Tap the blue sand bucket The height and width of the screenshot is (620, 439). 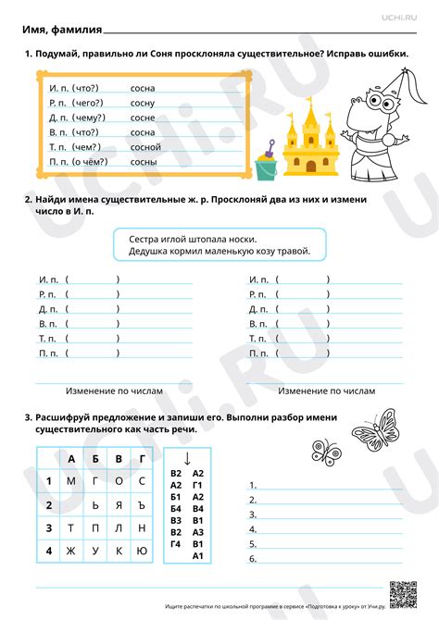[267, 167]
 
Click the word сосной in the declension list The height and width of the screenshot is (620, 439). [145, 147]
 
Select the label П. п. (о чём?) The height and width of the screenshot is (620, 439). [78, 162]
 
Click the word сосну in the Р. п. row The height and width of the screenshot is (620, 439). [143, 103]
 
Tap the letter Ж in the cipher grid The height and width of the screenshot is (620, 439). [71, 552]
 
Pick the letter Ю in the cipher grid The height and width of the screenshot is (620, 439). [142, 552]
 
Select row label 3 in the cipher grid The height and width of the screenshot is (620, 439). [48, 527]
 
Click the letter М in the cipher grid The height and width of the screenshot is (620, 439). [71, 480]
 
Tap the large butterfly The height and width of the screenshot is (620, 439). [376, 428]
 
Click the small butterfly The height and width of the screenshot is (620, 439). [328, 451]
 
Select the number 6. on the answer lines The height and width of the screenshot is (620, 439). [253, 559]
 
